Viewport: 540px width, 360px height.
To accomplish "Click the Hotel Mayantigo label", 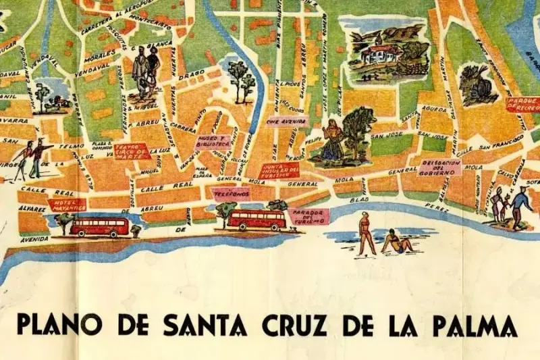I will click(67, 205).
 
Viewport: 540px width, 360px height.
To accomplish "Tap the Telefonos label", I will click(226, 192).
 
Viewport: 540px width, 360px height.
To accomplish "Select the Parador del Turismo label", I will click(308, 217).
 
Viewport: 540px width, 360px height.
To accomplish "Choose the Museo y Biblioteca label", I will click(213, 142).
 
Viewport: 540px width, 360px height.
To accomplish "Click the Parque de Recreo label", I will click(522, 103).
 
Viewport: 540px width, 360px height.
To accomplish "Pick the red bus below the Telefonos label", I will click(256, 220).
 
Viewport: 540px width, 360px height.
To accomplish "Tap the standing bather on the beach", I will click(367, 234).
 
